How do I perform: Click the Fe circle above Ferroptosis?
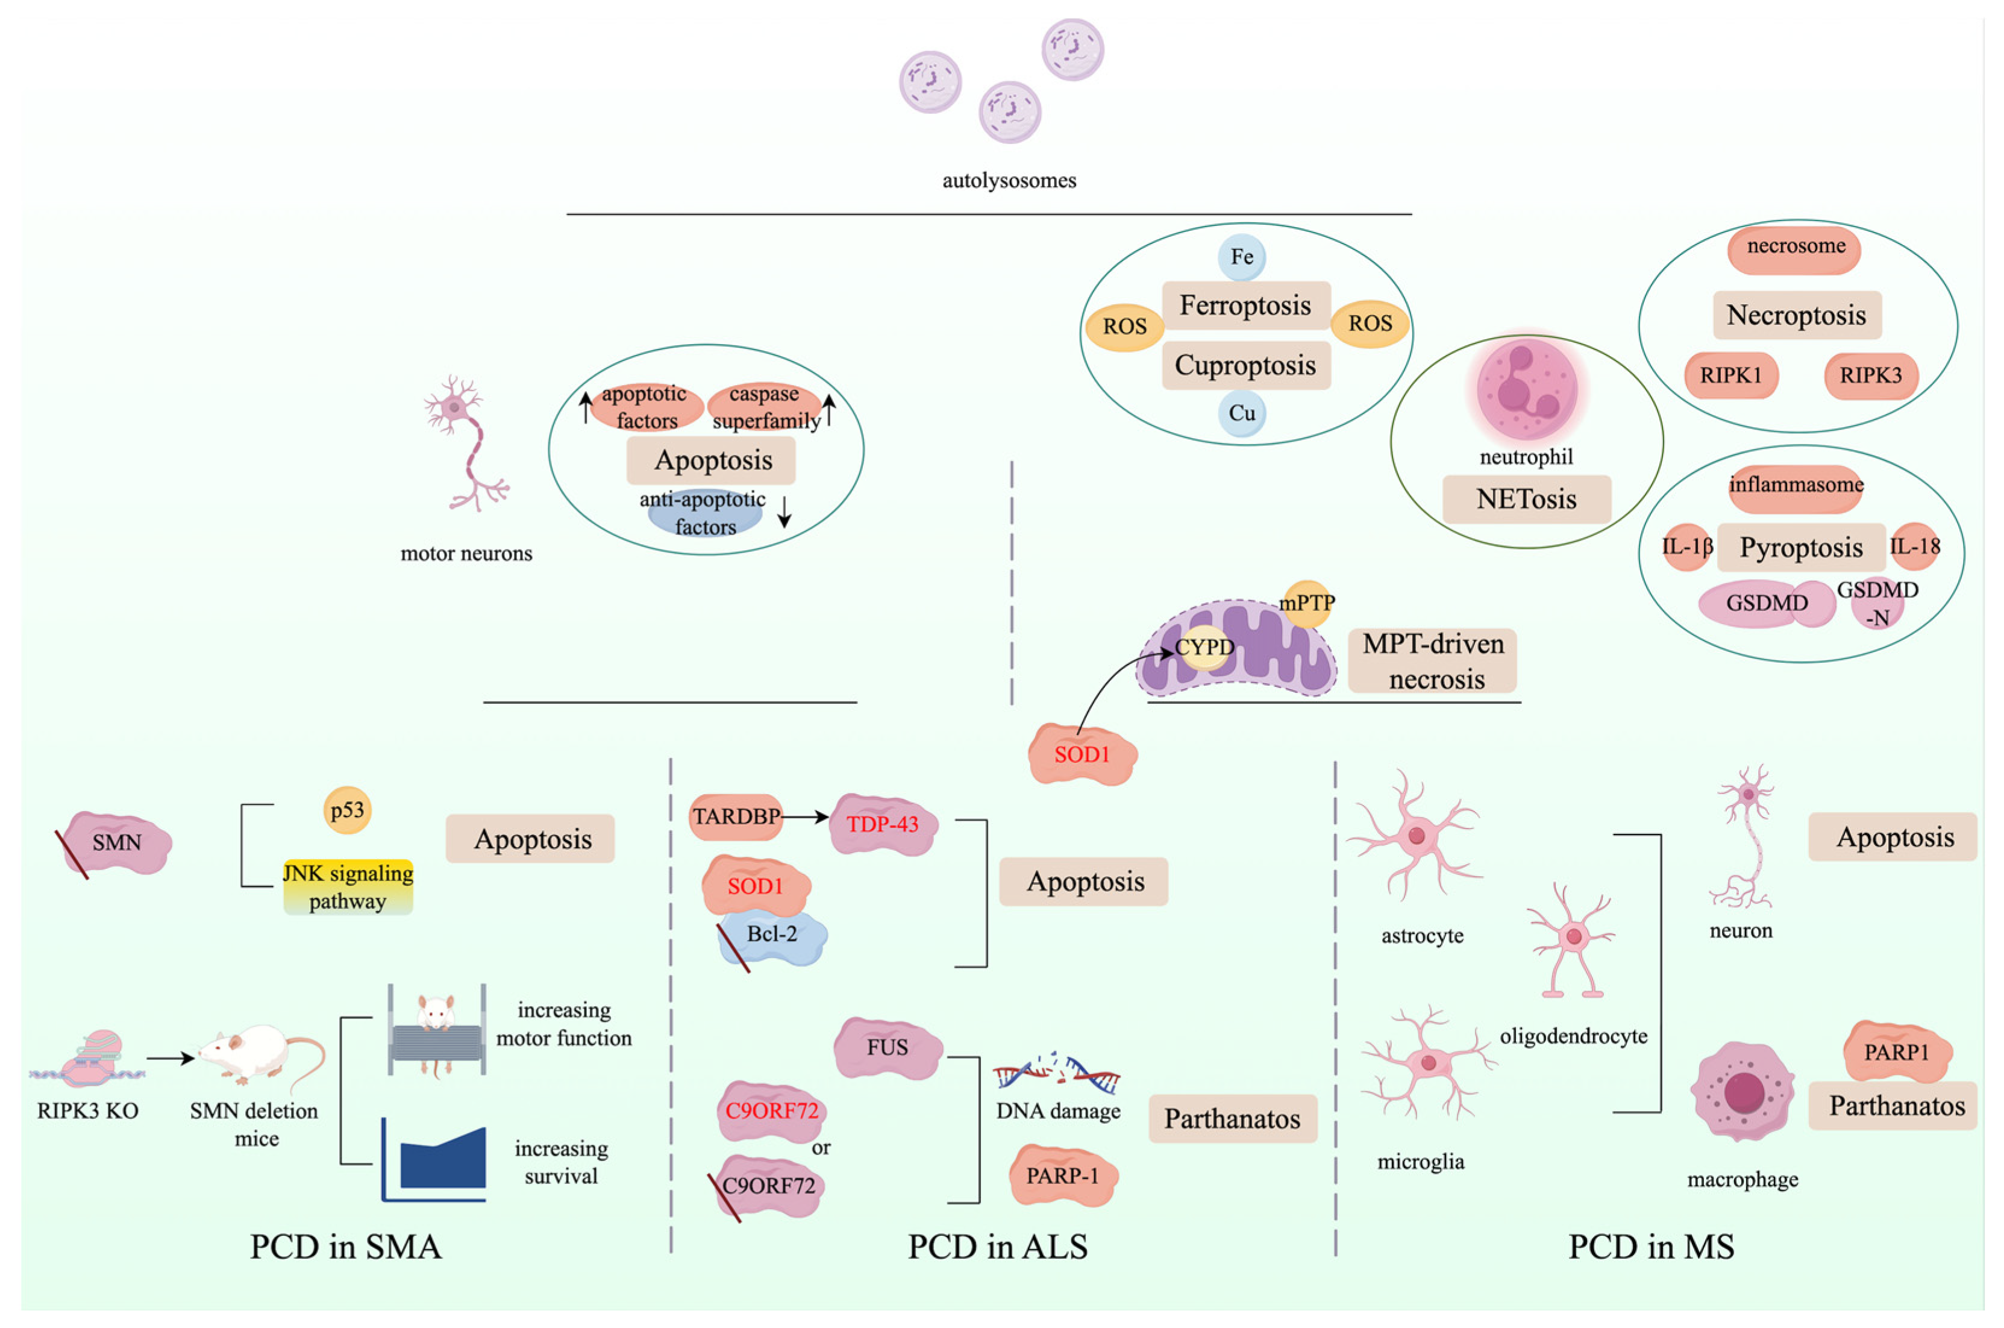(1242, 257)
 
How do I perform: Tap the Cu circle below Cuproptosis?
(1242, 413)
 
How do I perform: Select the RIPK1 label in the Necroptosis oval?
(1730, 375)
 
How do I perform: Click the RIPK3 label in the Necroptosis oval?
(1870, 375)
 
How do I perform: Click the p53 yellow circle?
(347, 810)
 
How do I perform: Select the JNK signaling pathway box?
(348, 887)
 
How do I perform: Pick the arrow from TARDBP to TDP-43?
(804, 816)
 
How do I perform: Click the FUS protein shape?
(888, 1048)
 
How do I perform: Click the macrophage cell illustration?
(1743, 1092)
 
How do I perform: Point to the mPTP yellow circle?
(1307, 603)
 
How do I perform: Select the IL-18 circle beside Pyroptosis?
(1914, 547)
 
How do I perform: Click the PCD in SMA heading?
(346, 1247)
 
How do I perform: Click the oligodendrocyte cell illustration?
(1572, 940)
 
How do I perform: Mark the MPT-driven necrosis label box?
(1432, 662)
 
